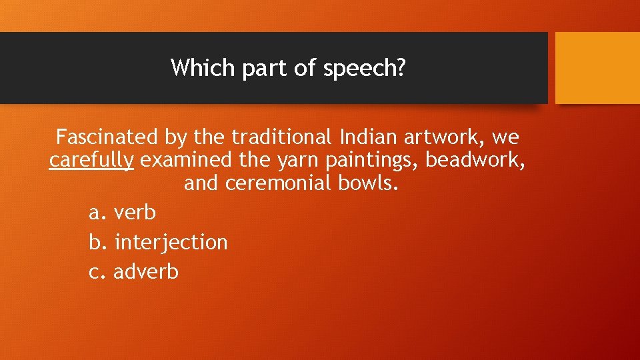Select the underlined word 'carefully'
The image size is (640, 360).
pos(91,161)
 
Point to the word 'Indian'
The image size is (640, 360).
pos(369,137)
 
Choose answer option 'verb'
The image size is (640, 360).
pos(135,213)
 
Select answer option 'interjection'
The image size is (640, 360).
pos(171,242)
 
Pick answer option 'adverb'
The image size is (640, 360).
pos(146,271)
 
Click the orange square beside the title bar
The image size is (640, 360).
pos(597,68)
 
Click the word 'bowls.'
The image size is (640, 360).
pos(368,183)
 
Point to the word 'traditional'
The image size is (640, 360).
pos(281,137)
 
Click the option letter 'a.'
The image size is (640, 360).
pos(97,213)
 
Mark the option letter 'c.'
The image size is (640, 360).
pos(97,271)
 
